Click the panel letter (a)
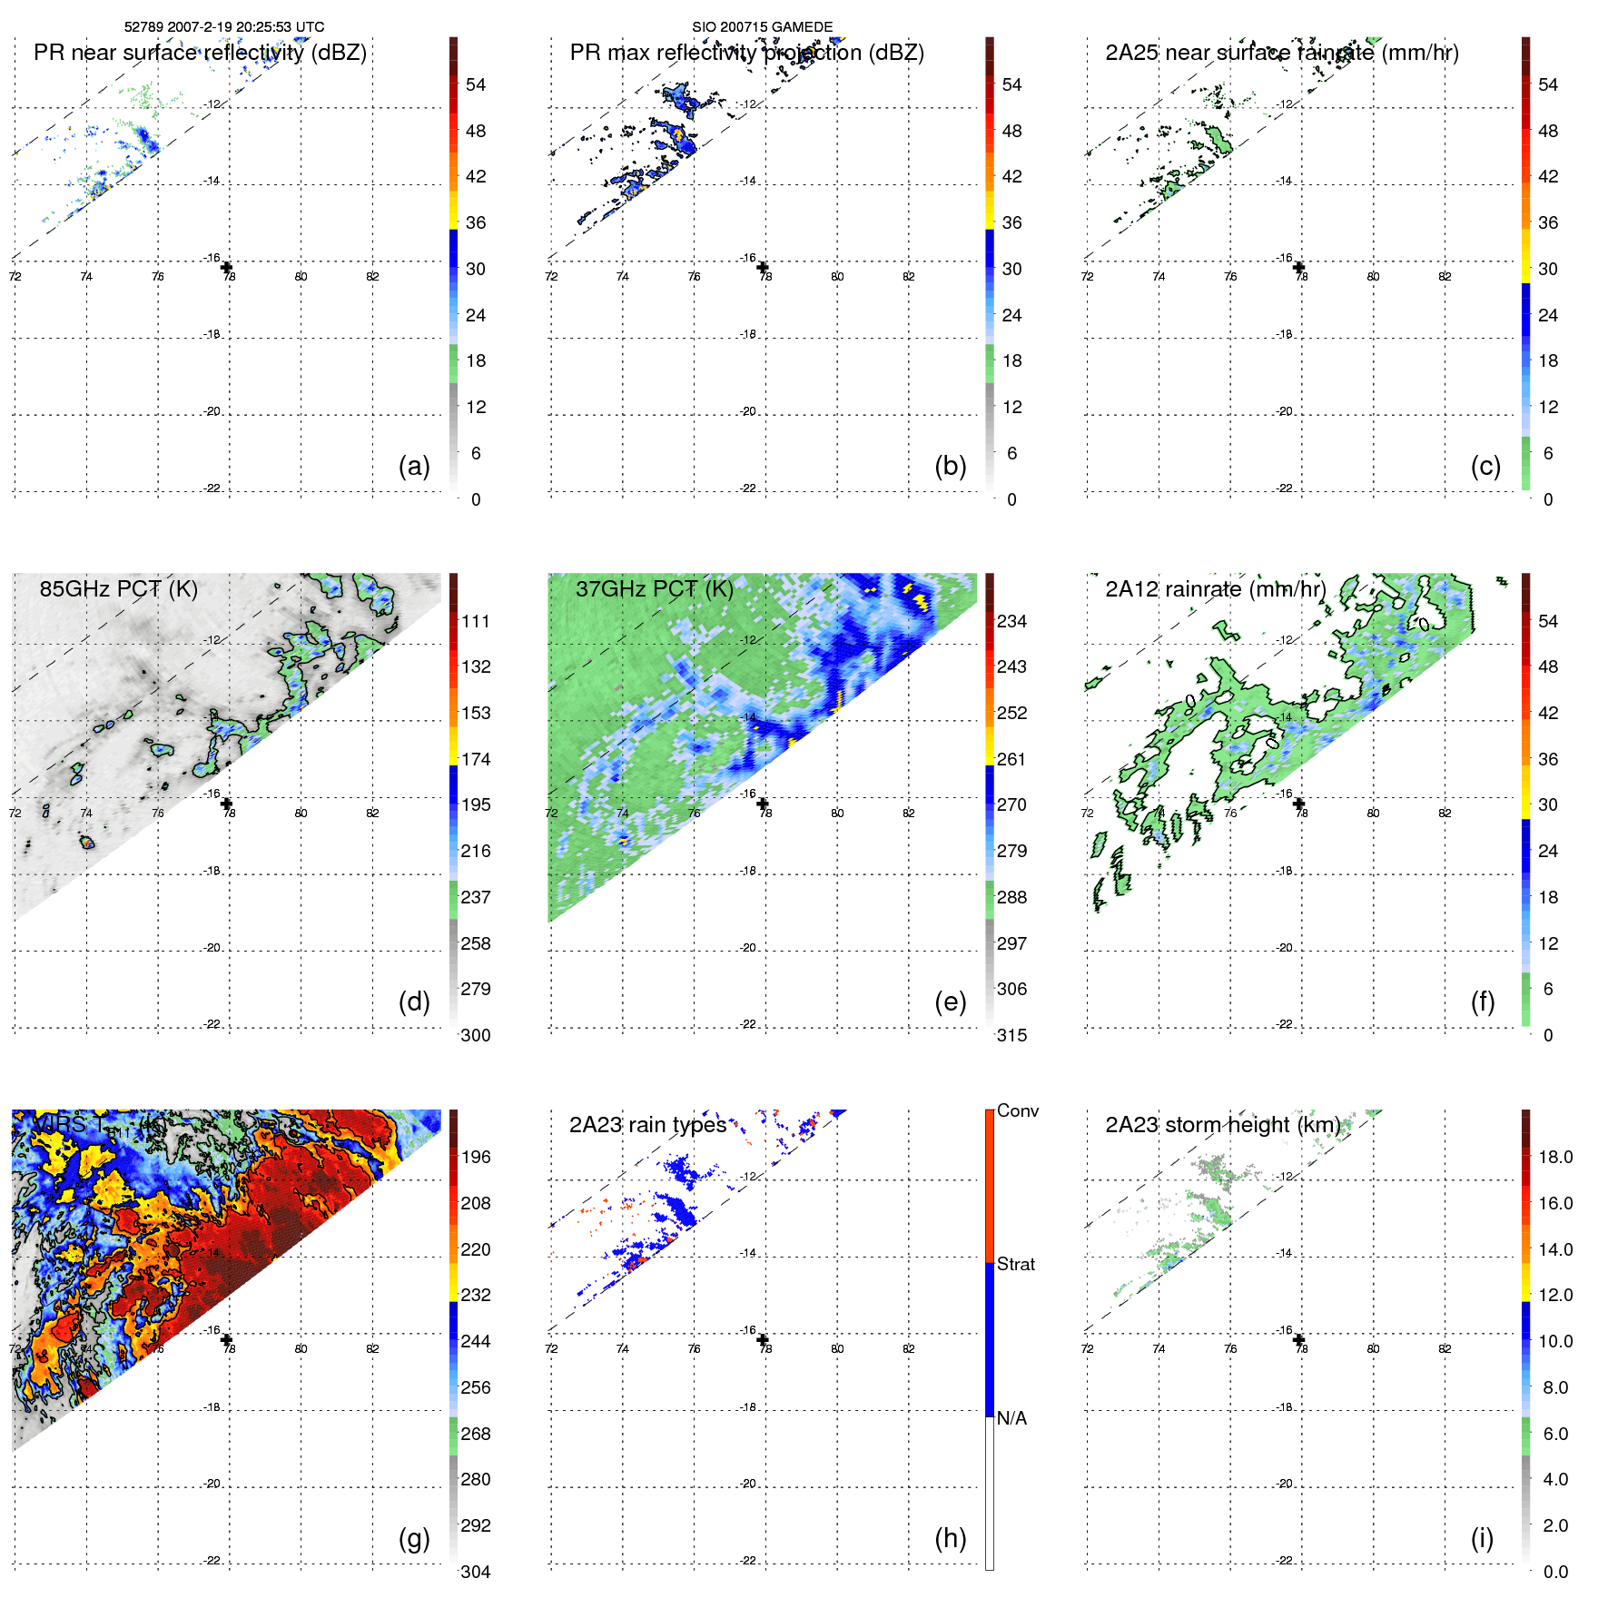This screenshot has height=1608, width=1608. point(414,467)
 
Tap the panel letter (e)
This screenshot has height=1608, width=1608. point(950,1002)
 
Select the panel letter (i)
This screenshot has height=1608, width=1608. point(1482,1538)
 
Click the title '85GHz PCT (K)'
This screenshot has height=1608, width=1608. point(118,589)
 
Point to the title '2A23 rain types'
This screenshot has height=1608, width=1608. point(647,1125)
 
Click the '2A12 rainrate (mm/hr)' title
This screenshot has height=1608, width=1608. point(1215,589)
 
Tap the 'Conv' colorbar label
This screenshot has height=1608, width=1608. point(1017,1110)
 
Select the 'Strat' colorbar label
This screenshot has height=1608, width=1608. point(1015,1264)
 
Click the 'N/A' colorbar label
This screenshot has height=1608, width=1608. point(1011,1418)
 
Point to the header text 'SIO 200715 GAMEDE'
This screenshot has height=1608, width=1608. point(762,27)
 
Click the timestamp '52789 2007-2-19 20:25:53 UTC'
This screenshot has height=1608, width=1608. point(224,27)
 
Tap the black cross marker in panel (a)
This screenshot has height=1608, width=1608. point(227,267)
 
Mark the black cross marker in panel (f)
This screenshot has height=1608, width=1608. point(1299,804)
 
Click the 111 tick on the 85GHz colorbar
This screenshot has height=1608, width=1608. point(476,621)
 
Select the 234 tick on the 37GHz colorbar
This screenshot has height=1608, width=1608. point(1011,621)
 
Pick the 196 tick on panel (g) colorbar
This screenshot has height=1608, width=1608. point(476,1157)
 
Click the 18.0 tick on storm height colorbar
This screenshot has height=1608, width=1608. point(1554,1157)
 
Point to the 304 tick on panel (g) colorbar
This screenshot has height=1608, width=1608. point(476,1572)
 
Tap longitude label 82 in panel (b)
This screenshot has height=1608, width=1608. point(909,277)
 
